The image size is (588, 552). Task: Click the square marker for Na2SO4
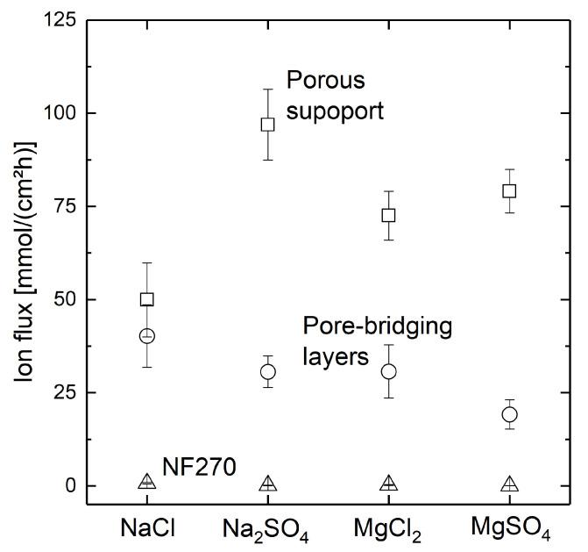[x=268, y=124]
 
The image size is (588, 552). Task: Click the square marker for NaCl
[x=147, y=299]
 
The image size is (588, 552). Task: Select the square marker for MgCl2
[x=389, y=215]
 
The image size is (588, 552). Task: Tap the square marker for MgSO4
[x=509, y=190]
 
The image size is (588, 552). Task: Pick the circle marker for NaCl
[x=147, y=335]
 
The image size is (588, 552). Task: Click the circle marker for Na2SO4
[x=268, y=371]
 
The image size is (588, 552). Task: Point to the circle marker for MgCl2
[x=389, y=371]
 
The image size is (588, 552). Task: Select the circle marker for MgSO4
[x=509, y=414]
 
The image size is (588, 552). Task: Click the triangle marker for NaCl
[x=147, y=482]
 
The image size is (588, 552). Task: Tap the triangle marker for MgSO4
[x=509, y=484]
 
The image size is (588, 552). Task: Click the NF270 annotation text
[x=199, y=469]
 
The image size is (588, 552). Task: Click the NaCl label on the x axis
[x=147, y=529]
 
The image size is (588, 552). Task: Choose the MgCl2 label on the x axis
[x=389, y=530]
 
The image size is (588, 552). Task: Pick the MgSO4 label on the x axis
[x=509, y=530]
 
